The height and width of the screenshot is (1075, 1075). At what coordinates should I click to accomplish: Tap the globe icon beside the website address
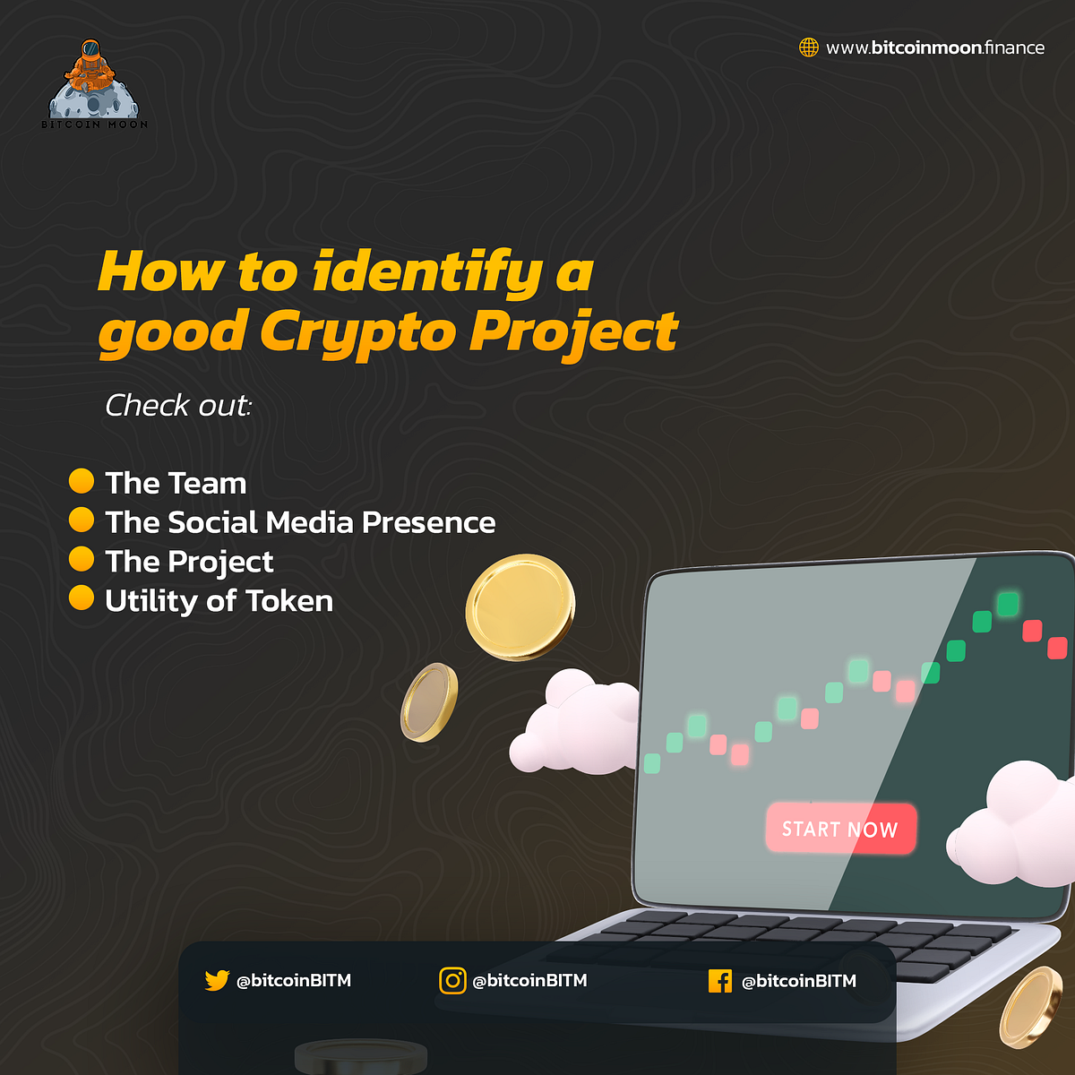(x=809, y=47)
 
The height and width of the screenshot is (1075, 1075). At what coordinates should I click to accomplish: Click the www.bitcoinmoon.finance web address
(x=935, y=47)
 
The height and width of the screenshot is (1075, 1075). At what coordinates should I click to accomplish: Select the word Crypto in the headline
(x=357, y=333)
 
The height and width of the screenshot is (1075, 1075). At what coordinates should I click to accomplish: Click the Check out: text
(x=178, y=406)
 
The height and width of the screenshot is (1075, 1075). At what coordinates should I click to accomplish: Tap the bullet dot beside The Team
(x=82, y=481)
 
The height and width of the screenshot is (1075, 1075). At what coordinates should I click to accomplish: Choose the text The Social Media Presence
(x=300, y=522)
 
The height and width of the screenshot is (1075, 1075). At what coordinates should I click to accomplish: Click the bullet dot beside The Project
(x=82, y=559)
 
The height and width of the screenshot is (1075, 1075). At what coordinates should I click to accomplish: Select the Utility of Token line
(x=219, y=601)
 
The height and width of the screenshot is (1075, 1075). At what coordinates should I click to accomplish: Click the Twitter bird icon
(x=217, y=981)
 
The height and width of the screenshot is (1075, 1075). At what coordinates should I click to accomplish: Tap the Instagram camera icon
(x=452, y=981)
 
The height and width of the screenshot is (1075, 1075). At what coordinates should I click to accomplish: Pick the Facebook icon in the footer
(x=719, y=981)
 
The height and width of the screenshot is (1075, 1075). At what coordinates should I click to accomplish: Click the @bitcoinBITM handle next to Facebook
(x=799, y=981)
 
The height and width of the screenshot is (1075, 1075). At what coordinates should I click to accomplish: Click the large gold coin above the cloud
(x=520, y=607)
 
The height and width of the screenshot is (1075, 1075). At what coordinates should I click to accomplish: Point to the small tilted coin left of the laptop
(x=429, y=702)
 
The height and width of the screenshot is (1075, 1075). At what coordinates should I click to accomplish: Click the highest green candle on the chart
(x=1008, y=604)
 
